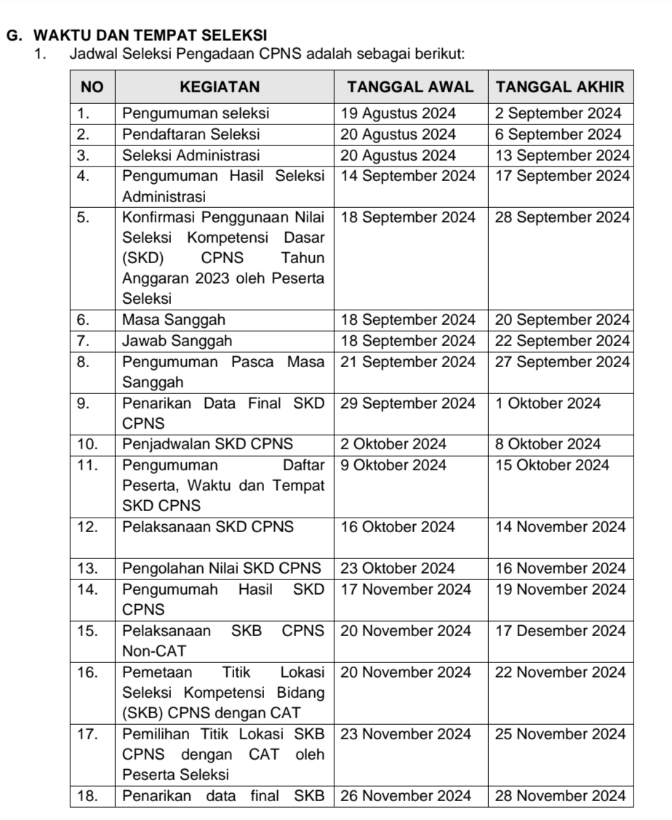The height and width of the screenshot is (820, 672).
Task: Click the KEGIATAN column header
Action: pos(219,87)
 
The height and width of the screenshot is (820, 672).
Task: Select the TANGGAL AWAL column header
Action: pos(410,87)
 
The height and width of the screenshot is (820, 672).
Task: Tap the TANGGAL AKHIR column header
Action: pos(559,87)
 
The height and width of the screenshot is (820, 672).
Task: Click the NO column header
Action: pos(92,87)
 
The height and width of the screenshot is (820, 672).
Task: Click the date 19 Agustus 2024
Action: pos(399,113)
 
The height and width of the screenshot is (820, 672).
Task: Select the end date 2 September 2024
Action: pos(559,113)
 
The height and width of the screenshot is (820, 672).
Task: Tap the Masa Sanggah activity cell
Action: pos(174,319)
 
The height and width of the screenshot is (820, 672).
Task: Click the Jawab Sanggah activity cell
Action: pos(177,340)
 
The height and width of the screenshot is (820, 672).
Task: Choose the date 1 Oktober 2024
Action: pos(548,403)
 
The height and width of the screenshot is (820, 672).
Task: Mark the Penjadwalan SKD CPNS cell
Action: pos(208,444)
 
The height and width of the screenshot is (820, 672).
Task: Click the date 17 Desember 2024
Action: pos(560,631)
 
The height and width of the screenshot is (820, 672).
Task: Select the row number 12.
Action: pos(88,527)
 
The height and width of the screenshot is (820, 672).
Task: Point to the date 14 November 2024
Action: pos(560,527)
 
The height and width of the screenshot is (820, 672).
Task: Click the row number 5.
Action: pos(84,217)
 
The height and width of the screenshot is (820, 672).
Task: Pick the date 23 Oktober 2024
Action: pos(399,568)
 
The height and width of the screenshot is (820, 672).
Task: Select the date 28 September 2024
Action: pos(560,217)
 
